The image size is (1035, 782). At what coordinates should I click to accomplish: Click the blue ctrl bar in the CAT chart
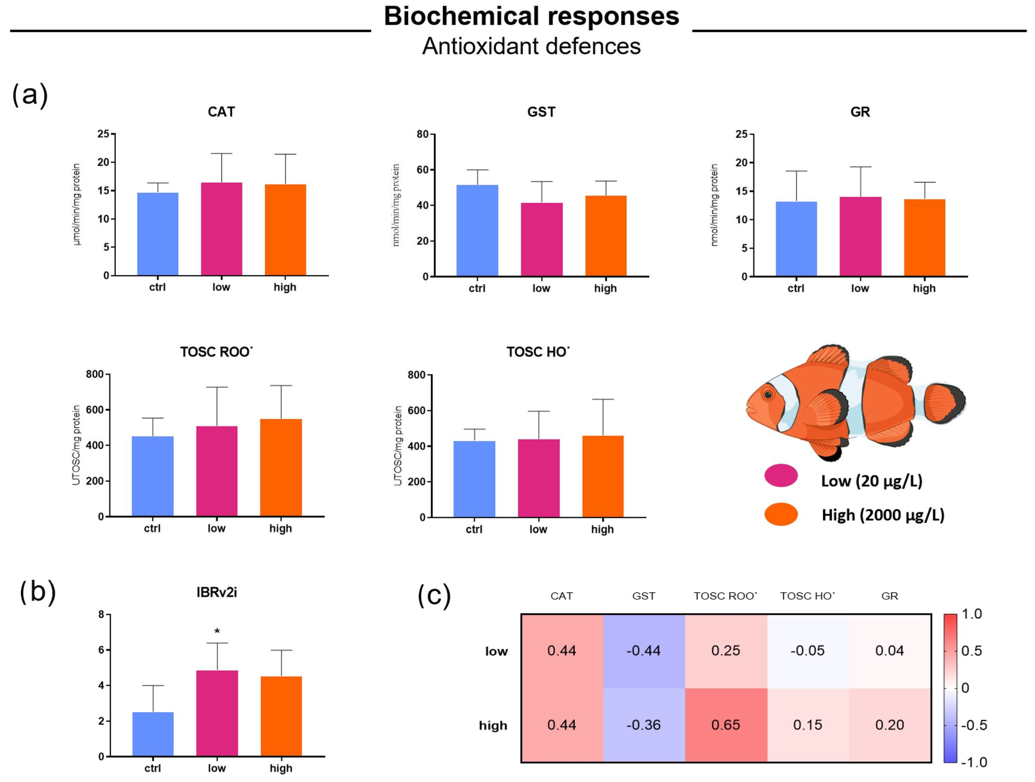pos(158,234)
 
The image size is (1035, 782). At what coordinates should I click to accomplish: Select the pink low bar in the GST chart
pos(542,240)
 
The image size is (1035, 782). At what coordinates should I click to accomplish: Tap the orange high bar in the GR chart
pos(925,238)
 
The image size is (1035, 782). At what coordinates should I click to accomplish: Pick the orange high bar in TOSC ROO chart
pos(281,468)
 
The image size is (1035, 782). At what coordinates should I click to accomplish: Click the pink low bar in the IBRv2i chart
pos(217,713)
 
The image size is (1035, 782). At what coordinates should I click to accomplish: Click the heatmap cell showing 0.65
pos(726,725)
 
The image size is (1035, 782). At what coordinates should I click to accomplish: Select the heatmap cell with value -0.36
pos(644,725)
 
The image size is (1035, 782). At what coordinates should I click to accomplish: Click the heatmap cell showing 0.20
pos(889,725)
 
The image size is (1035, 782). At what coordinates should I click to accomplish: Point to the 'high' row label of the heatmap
pos(493,725)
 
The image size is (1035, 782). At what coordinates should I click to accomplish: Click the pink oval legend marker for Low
pos(781,476)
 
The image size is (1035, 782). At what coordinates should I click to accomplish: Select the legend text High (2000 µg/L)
pos(883,515)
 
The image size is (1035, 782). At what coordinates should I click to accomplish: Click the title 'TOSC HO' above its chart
pos(538,352)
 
